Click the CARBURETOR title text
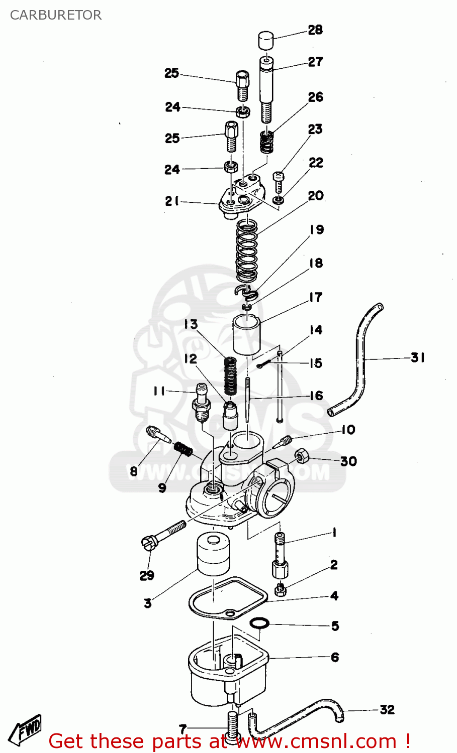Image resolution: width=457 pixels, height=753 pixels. (x=56, y=15)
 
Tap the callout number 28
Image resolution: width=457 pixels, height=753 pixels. (x=315, y=30)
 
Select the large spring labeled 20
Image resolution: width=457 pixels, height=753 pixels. (x=247, y=251)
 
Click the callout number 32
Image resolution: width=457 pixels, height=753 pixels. (x=387, y=710)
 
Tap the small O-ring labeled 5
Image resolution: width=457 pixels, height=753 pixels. (x=259, y=623)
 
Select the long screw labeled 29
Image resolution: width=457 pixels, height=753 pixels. (x=163, y=534)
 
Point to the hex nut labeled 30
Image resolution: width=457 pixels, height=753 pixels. (x=301, y=456)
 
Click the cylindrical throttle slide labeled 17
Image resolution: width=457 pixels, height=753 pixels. (x=246, y=334)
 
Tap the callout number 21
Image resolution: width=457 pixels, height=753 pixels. (x=172, y=201)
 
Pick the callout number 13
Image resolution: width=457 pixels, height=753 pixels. (x=191, y=325)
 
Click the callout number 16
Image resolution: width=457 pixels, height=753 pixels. (x=316, y=396)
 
